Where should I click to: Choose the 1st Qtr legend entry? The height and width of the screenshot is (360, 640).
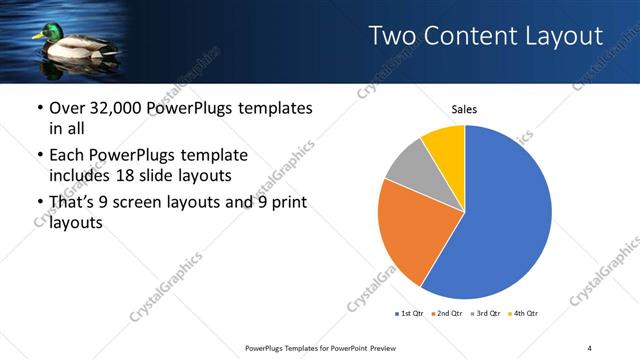[408, 314]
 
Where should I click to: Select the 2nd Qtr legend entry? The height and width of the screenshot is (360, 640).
[447, 314]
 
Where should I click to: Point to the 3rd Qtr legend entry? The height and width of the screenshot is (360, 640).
[486, 314]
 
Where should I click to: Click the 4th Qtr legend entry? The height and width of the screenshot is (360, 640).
[525, 314]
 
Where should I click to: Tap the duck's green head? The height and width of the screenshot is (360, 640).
[44, 35]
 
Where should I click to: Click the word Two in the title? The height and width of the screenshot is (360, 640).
[394, 37]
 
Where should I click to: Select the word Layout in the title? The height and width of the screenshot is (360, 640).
[565, 37]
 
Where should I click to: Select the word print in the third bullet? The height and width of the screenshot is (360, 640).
[285, 203]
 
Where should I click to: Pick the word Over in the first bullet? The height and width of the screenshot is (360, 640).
[66, 108]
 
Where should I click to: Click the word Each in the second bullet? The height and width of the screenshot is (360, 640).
[67, 156]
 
